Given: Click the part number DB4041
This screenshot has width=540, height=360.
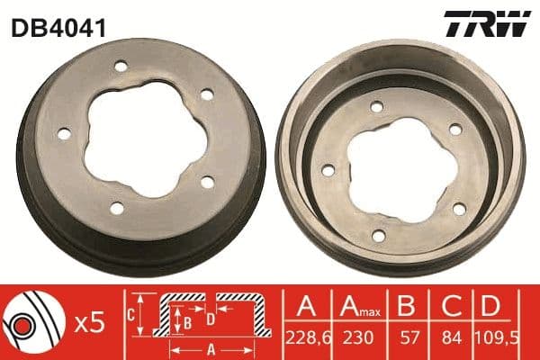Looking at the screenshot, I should (x=58, y=28).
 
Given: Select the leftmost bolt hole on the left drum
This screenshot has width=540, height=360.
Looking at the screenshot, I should (x=64, y=134).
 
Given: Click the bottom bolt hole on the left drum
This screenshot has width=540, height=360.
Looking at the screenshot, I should (x=116, y=208).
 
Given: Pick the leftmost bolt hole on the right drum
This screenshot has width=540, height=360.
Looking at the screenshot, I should (x=328, y=170).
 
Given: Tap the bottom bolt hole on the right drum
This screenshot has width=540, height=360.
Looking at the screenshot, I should (x=378, y=236).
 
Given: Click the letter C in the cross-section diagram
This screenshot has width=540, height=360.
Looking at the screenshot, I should (x=129, y=314).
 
